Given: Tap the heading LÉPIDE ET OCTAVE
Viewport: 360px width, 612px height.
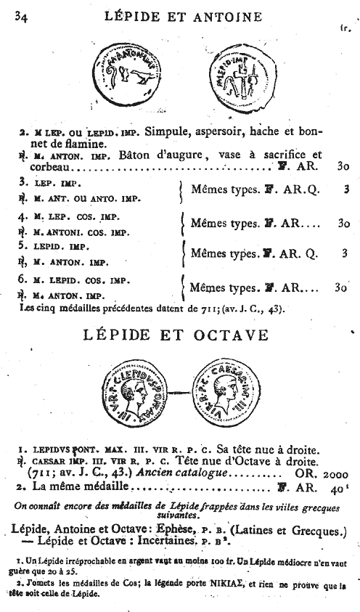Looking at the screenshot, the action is point(176,335).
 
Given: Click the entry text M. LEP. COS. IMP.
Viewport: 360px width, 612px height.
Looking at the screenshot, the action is point(81,216).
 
